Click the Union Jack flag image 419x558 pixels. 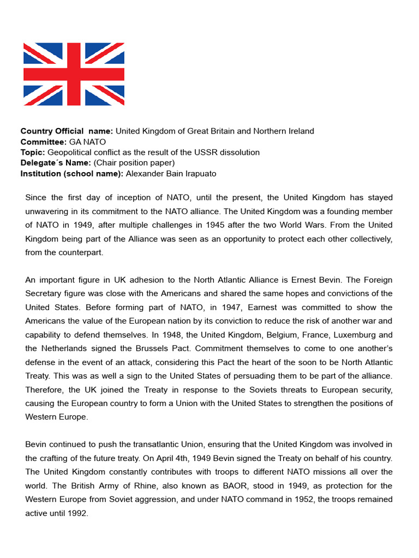(74, 74)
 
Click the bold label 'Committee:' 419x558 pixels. (43, 142)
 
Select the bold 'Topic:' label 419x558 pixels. (33, 152)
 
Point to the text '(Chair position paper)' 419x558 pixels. (134, 163)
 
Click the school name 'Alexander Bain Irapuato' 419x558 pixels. (171, 173)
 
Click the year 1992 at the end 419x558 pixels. (77, 513)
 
